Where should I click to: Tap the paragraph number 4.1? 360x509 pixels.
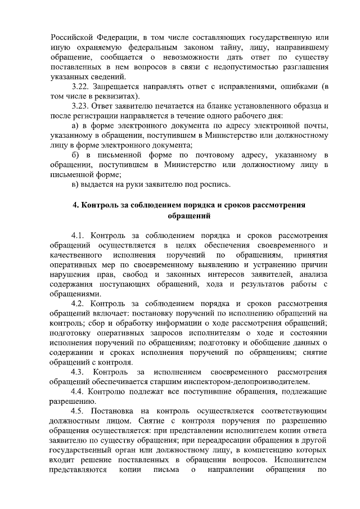(x=79, y=235)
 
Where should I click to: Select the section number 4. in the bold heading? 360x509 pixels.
(x=76, y=205)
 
